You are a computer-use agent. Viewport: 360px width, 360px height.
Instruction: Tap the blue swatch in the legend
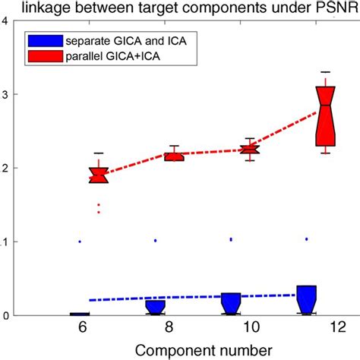click(x=42, y=39)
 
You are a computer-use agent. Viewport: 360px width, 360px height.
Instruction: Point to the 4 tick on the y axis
click(x=7, y=21)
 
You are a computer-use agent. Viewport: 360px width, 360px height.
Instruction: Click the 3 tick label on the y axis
click(x=7, y=94)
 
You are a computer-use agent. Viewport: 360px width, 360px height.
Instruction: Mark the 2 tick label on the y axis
click(x=7, y=168)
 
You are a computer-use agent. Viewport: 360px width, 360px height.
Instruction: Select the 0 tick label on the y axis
click(x=7, y=315)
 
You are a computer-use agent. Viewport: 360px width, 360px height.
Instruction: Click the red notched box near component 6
click(x=99, y=175)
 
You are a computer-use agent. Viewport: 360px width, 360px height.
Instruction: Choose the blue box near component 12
click(x=306, y=298)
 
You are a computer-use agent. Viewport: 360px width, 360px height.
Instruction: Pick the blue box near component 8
click(x=156, y=306)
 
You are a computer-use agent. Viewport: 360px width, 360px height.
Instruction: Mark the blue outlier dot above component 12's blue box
click(x=306, y=239)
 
